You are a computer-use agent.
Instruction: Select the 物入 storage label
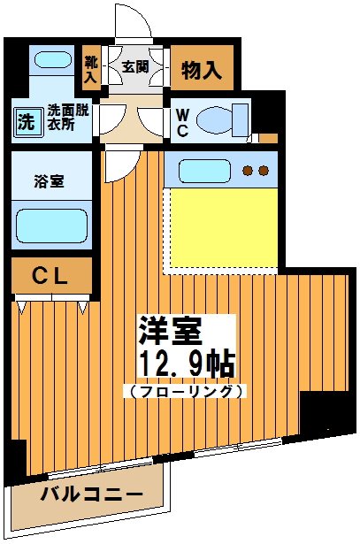click(203, 68)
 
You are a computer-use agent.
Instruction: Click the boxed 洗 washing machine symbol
click(27, 122)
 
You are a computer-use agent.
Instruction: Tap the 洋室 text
click(169, 332)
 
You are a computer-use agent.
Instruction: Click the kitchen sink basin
click(200, 169)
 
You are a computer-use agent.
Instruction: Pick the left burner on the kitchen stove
click(249, 170)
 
